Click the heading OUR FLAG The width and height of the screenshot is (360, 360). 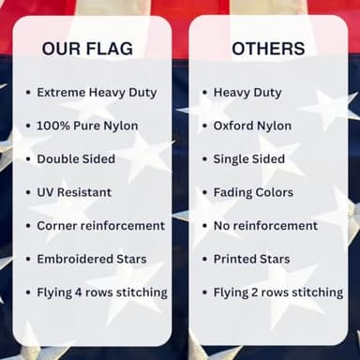pos(87,48)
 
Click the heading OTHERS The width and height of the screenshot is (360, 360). pos(267,48)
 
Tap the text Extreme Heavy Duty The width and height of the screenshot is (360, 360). pos(97,92)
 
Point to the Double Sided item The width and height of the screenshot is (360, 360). pos(76,158)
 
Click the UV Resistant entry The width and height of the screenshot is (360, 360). pos(74,192)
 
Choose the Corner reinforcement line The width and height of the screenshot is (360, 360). pos(100,225)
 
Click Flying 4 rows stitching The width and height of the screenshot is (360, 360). pos(102,292)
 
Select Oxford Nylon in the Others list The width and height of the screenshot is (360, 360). pos(252,126)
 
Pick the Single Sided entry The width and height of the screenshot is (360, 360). pos(248,158)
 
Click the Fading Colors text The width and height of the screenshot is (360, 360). pos(253,192)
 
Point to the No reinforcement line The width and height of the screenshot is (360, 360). pos(265,225)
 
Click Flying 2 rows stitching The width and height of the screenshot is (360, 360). pos(278,292)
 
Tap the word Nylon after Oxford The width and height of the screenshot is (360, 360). pos(273,126)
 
